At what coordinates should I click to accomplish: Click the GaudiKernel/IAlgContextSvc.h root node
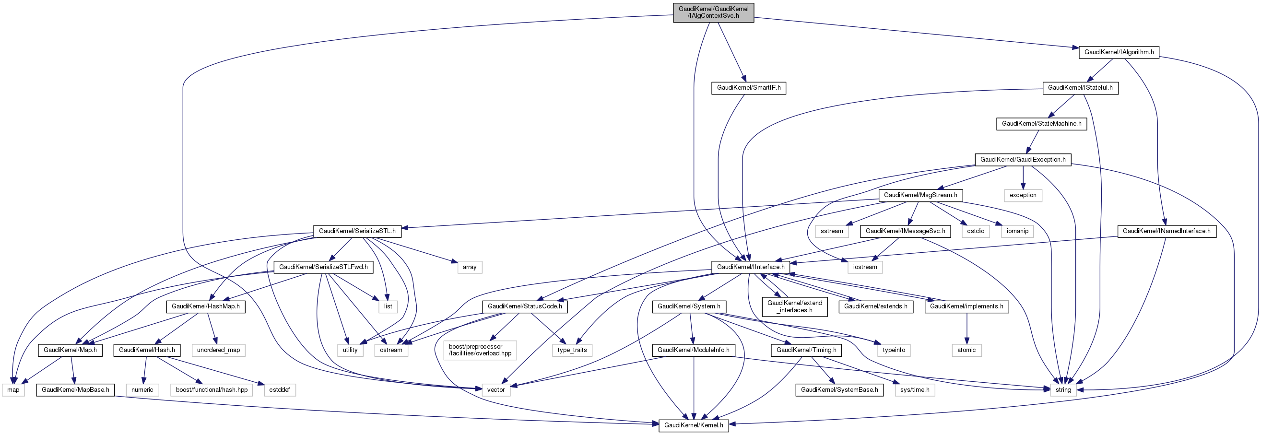pos(713,12)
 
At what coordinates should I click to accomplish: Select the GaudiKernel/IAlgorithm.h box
pos(1119,52)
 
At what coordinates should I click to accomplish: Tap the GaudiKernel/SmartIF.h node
pos(748,88)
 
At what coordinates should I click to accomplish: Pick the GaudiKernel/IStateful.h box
pos(1080,88)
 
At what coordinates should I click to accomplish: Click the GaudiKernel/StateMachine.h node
pos(1041,123)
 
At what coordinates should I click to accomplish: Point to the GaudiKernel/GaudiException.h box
pos(1023,160)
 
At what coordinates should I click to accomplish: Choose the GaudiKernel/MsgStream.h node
pos(920,195)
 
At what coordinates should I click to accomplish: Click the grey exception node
pos(1023,195)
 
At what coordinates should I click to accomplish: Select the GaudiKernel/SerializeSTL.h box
pos(357,231)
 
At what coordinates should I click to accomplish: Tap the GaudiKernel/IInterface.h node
pos(751,267)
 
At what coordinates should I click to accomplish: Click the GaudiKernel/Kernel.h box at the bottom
pos(694,425)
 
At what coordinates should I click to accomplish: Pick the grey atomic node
pos(966,350)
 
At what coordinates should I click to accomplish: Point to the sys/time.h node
pos(914,390)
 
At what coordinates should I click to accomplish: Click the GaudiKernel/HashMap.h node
pos(206,306)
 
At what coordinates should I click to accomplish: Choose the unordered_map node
pos(218,350)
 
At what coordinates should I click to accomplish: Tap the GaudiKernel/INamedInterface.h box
pos(1166,231)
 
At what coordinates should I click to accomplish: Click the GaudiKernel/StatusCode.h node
pos(525,306)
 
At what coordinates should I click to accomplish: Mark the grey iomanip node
pos(1017,231)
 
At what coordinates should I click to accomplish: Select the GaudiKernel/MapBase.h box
pos(75,390)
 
